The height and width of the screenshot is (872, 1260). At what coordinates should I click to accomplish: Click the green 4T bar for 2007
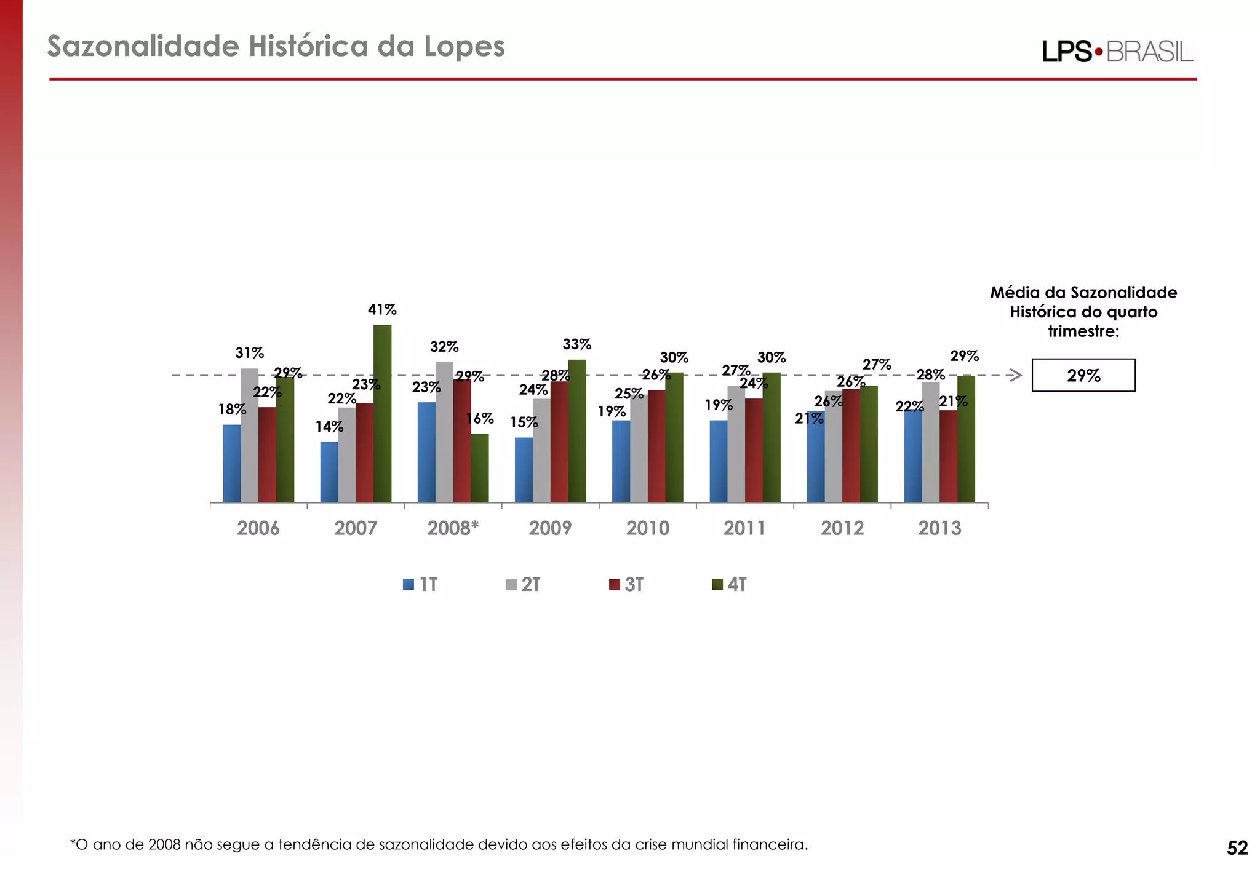[382, 413]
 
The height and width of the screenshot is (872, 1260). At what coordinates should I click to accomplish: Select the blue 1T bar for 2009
[524, 470]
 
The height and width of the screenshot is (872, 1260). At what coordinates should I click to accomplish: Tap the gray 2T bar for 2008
[444, 432]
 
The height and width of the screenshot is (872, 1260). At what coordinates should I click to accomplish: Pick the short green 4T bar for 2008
[480, 468]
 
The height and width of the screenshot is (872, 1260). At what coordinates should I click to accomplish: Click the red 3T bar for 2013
[948, 456]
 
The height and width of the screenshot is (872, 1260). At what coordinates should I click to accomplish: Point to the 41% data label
[382, 310]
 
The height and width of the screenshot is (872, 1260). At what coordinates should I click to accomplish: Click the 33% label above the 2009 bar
[576, 344]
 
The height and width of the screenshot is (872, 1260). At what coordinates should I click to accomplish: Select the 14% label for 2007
[329, 427]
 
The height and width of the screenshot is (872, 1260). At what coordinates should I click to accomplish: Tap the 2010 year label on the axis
[647, 528]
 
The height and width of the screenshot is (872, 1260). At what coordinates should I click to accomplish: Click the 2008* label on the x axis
[453, 528]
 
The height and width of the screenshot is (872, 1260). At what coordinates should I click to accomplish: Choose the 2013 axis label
[939, 528]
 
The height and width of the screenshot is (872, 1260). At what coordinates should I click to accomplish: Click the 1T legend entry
[421, 584]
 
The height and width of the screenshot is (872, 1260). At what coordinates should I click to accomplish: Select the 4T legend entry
[730, 584]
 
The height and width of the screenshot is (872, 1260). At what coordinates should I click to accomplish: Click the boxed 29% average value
[1083, 375]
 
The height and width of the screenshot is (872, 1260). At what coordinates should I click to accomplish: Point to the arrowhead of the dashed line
[1016, 375]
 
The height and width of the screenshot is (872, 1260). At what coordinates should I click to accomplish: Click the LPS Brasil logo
[1117, 52]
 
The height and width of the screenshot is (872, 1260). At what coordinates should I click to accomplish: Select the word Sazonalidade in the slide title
[143, 47]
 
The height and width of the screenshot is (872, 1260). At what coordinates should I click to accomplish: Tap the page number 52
[1237, 848]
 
